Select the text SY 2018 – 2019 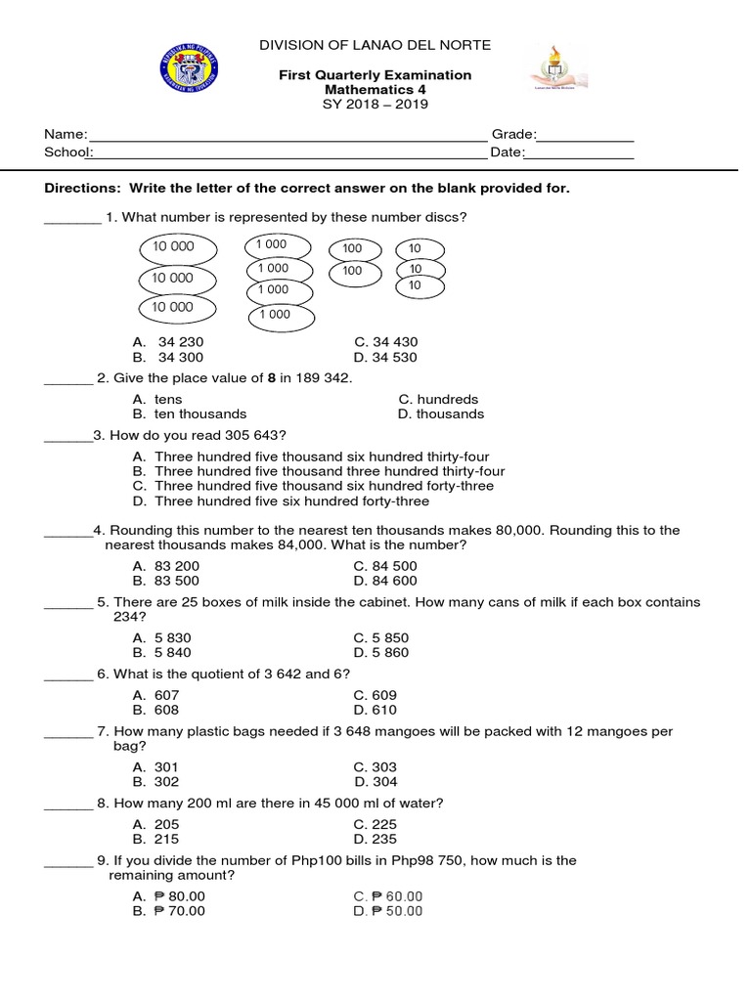(x=375, y=105)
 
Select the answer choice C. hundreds (x=438, y=400)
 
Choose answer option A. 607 (x=156, y=695)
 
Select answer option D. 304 (x=376, y=782)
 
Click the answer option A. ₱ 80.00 (x=169, y=896)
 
